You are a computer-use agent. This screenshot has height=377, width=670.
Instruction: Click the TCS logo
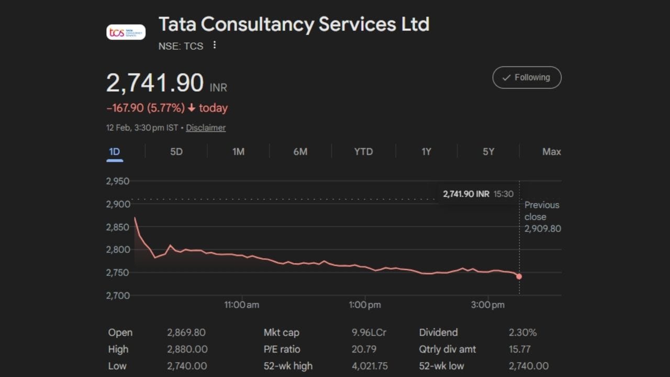point(126,32)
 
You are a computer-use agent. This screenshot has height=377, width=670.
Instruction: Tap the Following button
point(527,77)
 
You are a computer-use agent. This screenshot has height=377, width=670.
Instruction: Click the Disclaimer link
point(206,128)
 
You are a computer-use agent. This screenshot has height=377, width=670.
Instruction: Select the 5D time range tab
point(176,152)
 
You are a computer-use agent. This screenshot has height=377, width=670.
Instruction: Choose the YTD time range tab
point(363,152)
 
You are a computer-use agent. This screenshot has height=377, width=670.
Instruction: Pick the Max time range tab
point(551,152)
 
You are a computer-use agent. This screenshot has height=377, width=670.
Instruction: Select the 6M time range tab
point(300,152)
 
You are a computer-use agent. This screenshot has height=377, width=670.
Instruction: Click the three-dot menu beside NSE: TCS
point(214,46)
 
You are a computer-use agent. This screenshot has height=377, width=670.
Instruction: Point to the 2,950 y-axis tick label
point(118,182)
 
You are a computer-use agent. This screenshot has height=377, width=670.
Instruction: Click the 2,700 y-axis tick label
point(118,295)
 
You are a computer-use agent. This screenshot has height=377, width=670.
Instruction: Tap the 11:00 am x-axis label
point(241,305)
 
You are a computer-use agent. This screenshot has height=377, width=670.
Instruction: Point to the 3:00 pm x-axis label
point(488,305)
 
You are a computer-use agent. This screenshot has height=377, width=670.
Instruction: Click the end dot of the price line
point(519,276)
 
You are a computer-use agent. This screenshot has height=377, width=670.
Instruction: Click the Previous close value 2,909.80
point(543,229)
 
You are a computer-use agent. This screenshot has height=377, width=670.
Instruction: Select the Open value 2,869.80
point(186,332)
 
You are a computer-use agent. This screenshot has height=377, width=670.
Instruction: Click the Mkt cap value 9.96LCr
point(369,332)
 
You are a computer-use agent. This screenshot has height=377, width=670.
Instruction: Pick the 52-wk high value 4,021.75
point(370,366)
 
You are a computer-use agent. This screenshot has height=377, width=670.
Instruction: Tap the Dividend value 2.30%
point(522,332)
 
